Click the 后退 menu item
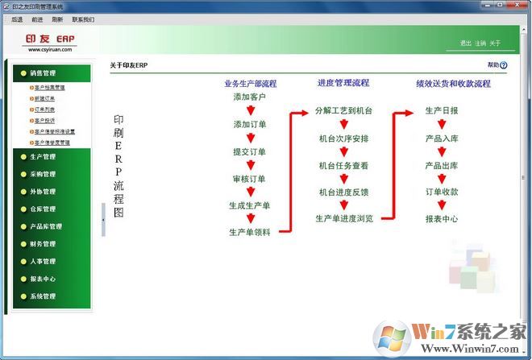click(17, 19)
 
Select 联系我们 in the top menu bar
click(83, 19)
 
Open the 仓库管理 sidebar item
click(42, 209)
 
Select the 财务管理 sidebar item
click(42, 244)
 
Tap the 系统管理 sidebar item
click(42, 296)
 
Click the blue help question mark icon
click(504, 66)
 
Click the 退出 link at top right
click(465, 43)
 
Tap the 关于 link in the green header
click(495, 43)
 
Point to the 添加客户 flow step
click(250, 97)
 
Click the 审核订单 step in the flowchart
click(250, 179)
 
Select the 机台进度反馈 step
click(343, 192)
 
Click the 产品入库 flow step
click(442, 139)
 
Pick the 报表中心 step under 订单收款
click(442, 218)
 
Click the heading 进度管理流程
click(343, 83)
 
